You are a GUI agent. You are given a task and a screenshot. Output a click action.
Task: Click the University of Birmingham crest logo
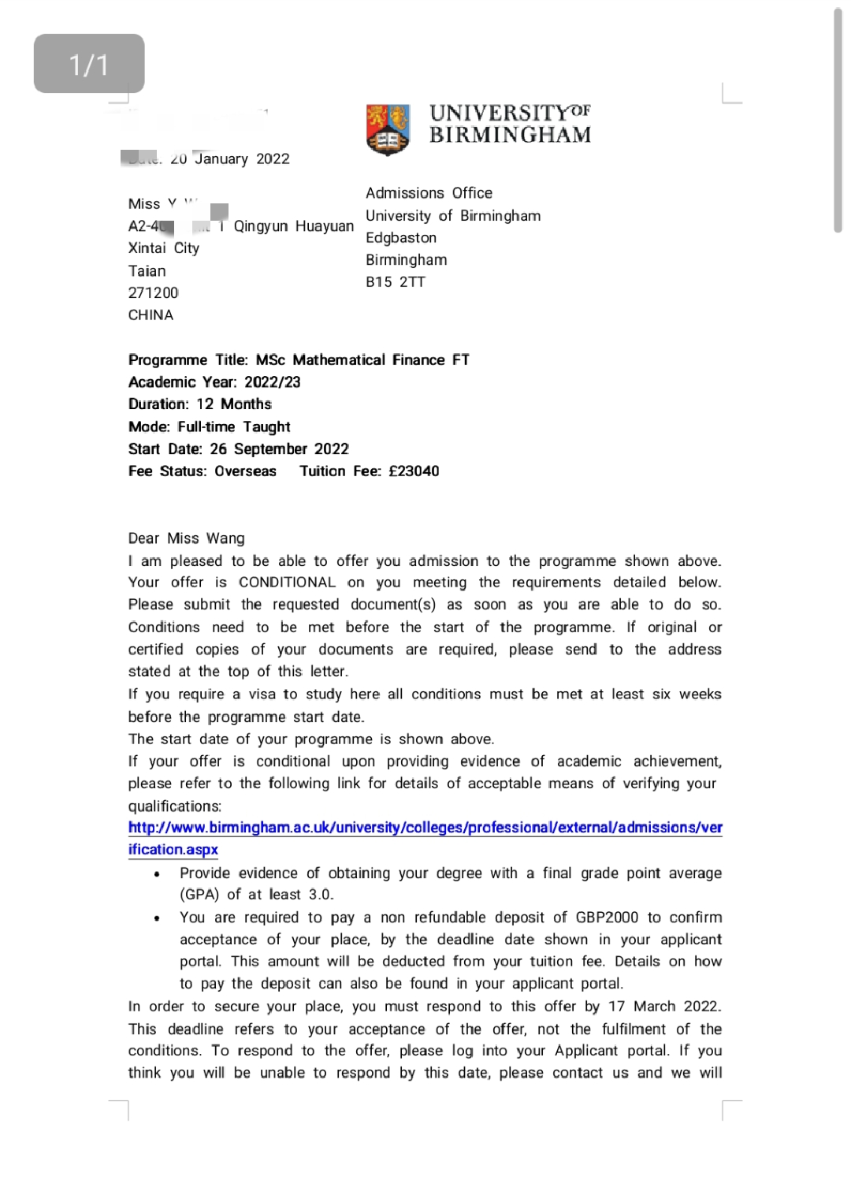pos(388,128)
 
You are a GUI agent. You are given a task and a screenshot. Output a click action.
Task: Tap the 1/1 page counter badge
pos(89,64)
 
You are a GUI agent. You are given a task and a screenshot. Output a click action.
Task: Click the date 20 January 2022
pos(230,159)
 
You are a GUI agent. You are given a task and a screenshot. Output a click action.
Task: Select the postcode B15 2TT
pos(396,282)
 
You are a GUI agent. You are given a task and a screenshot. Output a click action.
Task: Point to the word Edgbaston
pos(401,238)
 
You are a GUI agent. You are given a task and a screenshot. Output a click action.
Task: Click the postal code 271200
pos(154,293)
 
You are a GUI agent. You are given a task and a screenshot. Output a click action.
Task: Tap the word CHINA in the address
pos(151,315)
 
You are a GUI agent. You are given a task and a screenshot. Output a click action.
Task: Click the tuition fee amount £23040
pos(414,471)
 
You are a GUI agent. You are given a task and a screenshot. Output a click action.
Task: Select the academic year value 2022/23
pos(273,382)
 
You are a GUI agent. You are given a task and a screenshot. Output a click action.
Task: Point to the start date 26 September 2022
pos(279,449)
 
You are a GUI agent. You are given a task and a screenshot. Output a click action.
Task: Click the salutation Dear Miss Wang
pos(187,538)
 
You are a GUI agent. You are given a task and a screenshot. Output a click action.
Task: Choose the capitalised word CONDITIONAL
pos(287,583)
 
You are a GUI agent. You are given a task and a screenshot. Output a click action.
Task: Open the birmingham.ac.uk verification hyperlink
pos(425,828)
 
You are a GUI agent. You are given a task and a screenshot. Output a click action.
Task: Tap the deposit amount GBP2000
pos(607,918)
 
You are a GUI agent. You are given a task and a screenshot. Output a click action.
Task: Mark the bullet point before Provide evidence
pos(158,874)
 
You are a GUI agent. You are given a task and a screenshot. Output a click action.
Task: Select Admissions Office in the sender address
pos(429,193)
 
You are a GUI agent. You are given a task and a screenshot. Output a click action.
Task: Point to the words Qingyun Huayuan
pos(294,227)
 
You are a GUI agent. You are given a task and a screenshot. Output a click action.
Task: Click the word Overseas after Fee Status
pos(246,471)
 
